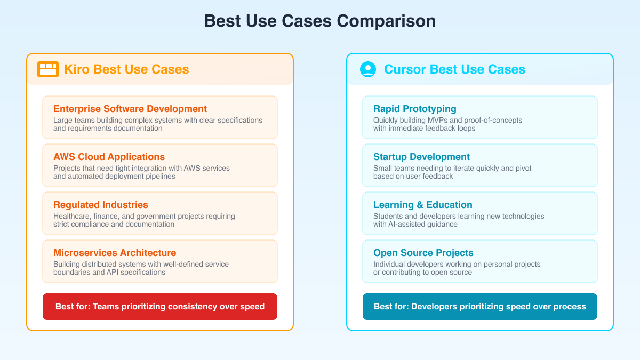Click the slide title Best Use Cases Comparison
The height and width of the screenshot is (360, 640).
(x=320, y=21)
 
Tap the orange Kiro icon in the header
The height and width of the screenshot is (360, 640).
(x=48, y=69)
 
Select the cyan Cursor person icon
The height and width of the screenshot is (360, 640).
(x=368, y=69)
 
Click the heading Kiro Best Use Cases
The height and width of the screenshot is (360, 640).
(x=126, y=69)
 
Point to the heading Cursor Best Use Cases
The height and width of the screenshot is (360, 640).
(x=454, y=69)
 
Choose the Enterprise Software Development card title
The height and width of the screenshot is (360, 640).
(x=130, y=109)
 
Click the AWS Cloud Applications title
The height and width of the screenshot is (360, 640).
(x=109, y=157)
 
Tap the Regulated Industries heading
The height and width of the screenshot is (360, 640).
(x=101, y=205)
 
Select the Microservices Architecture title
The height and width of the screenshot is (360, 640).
(x=115, y=253)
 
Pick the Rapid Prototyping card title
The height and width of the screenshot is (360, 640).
(x=415, y=109)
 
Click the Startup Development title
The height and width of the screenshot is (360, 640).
(x=421, y=157)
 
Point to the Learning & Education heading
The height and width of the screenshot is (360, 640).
(x=423, y=205)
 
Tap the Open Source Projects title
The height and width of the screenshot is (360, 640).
(x=423, y=253)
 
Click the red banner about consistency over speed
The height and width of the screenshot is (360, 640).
(x=160, y=307)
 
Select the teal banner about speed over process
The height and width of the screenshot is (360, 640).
(x=480, y=307)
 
